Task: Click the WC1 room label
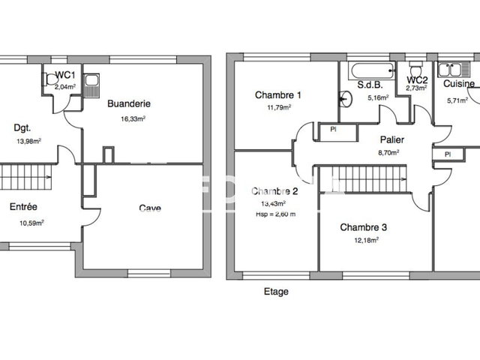click(x=66, y=75)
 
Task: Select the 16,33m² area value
click(x=133, y=118)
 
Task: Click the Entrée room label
click(x=23, y=206)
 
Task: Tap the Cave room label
click(x=149, y=208)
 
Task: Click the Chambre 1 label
click(x=278, y=95)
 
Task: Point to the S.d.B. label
click(x=371, y=85)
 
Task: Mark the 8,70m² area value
click(x=389, y=151)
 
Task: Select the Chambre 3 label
click(x=364, y=227)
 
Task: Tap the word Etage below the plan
click(x=275, y=292)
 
